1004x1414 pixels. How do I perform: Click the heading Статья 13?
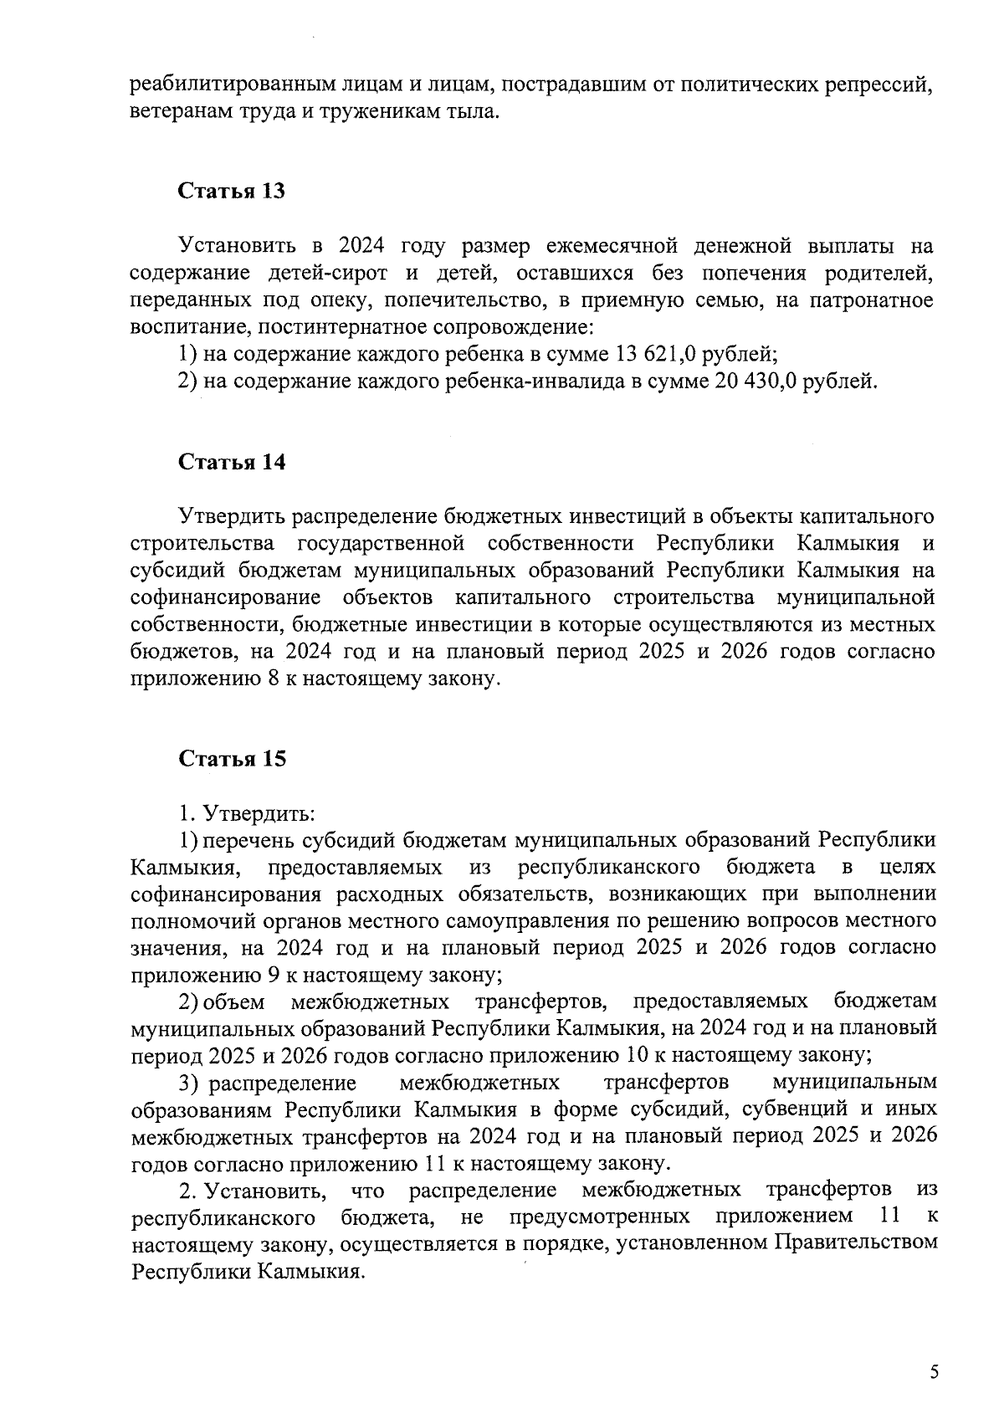coord(231,191)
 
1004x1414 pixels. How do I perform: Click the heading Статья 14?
coord(231,462)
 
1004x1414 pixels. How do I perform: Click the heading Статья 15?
coord(231,759)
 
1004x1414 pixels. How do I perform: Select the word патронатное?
coord(870,300)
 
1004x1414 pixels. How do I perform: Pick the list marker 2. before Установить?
coord(187,1190)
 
